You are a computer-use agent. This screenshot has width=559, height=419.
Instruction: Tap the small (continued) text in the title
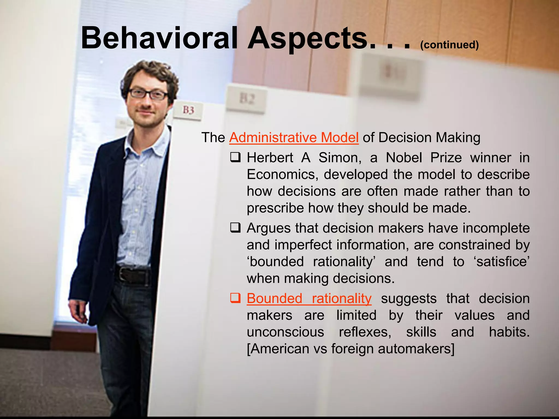coord(449,45)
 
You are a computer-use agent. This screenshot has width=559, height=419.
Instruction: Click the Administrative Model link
coord(294,137)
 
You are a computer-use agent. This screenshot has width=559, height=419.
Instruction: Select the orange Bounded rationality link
coord(309,298)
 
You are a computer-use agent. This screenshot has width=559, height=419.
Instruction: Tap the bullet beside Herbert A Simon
coord(235,157)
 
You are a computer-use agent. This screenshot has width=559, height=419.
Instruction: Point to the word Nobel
coord(404,158)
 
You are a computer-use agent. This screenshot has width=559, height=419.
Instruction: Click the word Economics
coord(283,175)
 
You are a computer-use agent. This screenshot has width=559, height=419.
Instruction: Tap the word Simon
coord(340,158)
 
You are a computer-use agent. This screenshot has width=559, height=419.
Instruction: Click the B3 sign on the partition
coord(188,110)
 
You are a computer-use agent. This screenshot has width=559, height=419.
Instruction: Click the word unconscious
coord(285,332)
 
